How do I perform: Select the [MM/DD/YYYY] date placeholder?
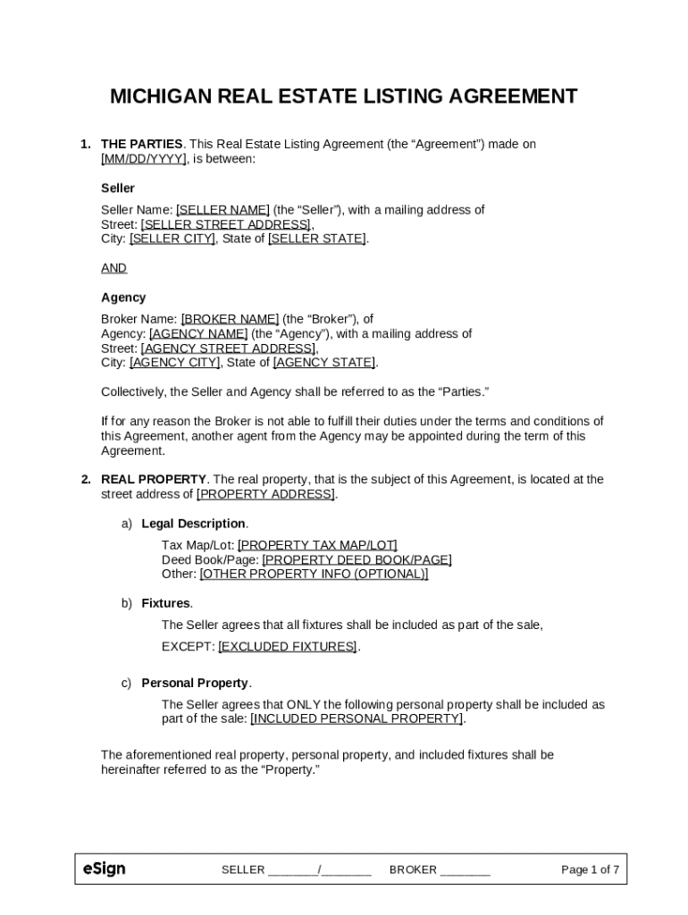pyautogui.click(x=144, y=159)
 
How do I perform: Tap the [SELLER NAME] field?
pyautogui.click(x=222, y=210)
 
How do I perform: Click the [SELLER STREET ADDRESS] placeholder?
pyautogui.click(x=226, y=224)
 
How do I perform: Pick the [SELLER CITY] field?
pyautogui.click(x=172, y=239)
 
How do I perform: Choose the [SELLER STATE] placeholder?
pyautogui.click(x=317, y=239)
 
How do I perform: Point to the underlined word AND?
pyautogui.click(x=113, y=268)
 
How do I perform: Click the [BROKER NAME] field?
pyautogui.click(x=230, y=319)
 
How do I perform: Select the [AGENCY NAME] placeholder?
pyautogui.click(x=198, y=333)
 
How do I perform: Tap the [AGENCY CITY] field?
pyautogui.click(x=174, y=362)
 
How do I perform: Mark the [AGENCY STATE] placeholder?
pyautogui.click(x=324, y=362)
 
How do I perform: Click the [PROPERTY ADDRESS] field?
pyautogui.click(x=265, y=494)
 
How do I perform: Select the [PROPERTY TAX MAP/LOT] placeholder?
pyautogui.click(x=317, y=545)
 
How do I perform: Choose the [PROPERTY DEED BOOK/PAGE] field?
pyautogui.click(x=357, y=559)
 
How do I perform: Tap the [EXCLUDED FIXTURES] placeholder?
pyautogui.click(x=288, y=646)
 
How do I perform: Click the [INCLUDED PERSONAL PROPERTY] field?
pyautogui.click(x=357, y=718)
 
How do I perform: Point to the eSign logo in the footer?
pyautogui.click(x=104, y=869)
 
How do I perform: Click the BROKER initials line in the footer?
pyautogui.click(x=465, y=870)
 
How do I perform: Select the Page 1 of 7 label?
pyautogui.click(x=590, y=869)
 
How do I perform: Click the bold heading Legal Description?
pyautogui.click(x=193, y=524)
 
